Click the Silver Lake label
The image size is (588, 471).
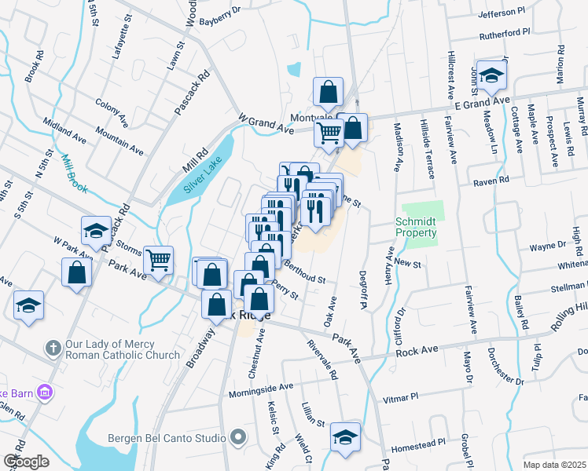pyautogui.click(x=203, y=174)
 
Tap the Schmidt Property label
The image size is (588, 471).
pyautogui.click(x=416, y=228)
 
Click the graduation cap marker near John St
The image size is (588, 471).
pyautogui.click(x=491, y=76)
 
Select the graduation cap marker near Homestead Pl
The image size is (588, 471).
pyautogui.click(x=345, y=437)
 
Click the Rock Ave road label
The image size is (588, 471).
pyautogui.click(x=417, y=351)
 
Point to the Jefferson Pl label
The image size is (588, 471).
pyautogui.click(x=501, y=13)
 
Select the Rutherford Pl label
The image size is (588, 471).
pyautogui.click(x=502, y=35)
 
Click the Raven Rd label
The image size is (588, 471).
pyautogui.click(x=491, y=181)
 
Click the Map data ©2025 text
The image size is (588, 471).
pyautogui.click(x=555, y=465)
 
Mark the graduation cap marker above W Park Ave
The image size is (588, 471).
pyautogui.click(x=96, y=230)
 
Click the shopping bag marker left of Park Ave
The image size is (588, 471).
pyautogui.click(x=76, y=273)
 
